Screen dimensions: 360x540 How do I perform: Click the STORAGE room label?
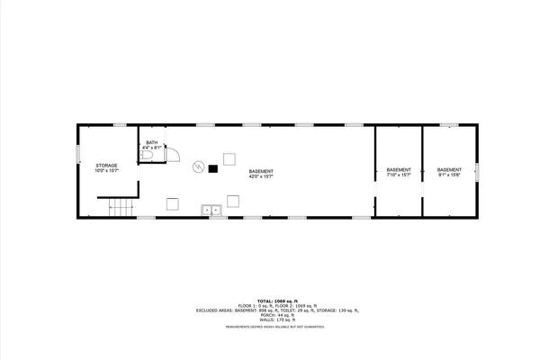(x=107, y=165)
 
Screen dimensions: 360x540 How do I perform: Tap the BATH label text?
(x=151, y=142)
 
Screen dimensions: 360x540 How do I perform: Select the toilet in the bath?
(x=148, y=157)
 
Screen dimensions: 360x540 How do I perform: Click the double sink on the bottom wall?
(x=212, y=210)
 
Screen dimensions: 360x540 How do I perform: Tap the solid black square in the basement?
(x=213, y=168)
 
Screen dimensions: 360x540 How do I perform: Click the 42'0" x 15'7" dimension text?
(x=261, y=175)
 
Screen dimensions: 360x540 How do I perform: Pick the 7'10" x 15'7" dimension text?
(x=399, y=175)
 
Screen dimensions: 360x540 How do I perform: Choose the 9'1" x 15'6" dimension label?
(x=449, y=175)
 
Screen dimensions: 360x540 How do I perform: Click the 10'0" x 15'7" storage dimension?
(x=107, y=171)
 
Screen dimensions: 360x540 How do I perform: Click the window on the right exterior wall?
(x=478, y=171)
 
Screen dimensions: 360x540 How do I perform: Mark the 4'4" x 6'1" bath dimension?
(x=151, y=148)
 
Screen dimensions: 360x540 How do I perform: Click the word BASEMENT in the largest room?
(x=261, y=170)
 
